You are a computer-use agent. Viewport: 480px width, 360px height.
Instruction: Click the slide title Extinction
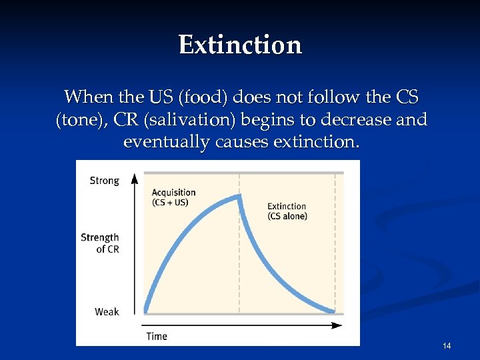coord(240,45)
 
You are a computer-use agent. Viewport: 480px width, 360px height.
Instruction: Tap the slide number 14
coord(447,345)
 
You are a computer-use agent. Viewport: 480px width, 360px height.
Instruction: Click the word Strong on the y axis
coord(104,181)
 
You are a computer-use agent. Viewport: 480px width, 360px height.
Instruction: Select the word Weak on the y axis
coord(107,311)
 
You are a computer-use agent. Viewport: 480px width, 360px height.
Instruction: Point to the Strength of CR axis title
coord(100,243)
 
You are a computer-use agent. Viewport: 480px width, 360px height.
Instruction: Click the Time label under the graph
coord(157,335)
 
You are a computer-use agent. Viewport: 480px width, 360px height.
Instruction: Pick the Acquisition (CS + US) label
coord(173,197)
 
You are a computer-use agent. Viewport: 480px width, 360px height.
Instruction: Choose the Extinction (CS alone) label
coord(287,211)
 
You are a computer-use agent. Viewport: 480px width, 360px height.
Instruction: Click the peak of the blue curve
coord(239,195)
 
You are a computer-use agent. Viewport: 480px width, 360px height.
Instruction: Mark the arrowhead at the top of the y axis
coord(135,177)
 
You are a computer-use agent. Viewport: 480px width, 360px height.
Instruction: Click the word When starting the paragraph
coord(88,97)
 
